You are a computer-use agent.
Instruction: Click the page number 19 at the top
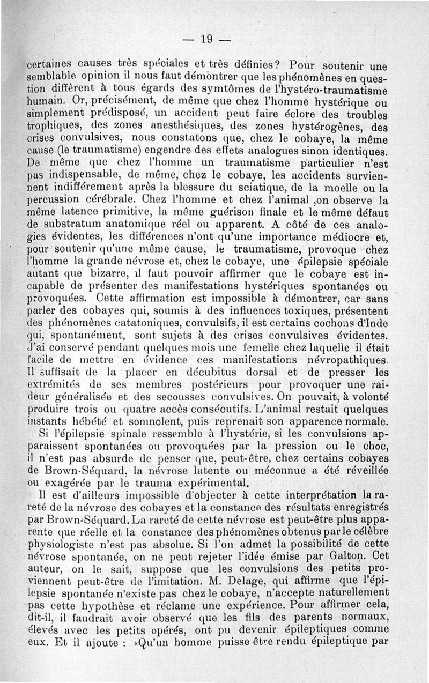206,39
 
